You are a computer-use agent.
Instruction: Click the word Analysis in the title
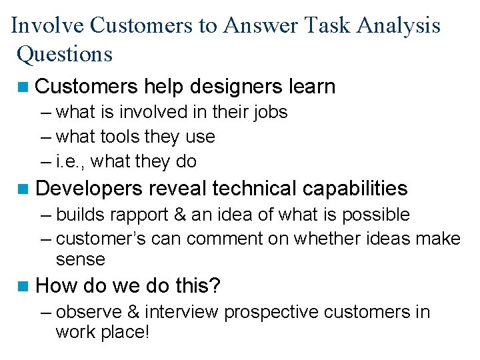(399, 25)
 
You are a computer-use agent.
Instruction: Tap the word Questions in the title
(65, 53)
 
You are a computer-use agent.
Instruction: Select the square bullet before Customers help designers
(25, 87)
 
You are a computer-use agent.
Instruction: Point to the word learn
(309, 87)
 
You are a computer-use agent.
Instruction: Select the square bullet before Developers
(25, 189)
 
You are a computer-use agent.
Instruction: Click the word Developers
(88, 188)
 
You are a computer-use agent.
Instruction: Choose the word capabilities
(355, 188)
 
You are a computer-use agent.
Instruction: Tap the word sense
(81, 259)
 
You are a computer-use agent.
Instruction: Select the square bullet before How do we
(25, 287)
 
